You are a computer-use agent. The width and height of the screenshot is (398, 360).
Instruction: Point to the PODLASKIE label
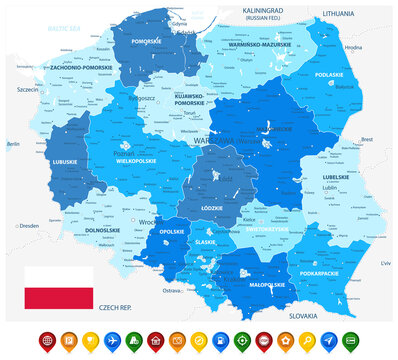tap(329, 73)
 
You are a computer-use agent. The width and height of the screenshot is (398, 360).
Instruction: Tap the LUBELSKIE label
tap(336, 177)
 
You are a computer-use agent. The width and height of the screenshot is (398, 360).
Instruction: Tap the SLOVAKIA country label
tap(302, 314)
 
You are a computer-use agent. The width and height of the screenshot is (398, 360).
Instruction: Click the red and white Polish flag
tap(59, 286)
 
